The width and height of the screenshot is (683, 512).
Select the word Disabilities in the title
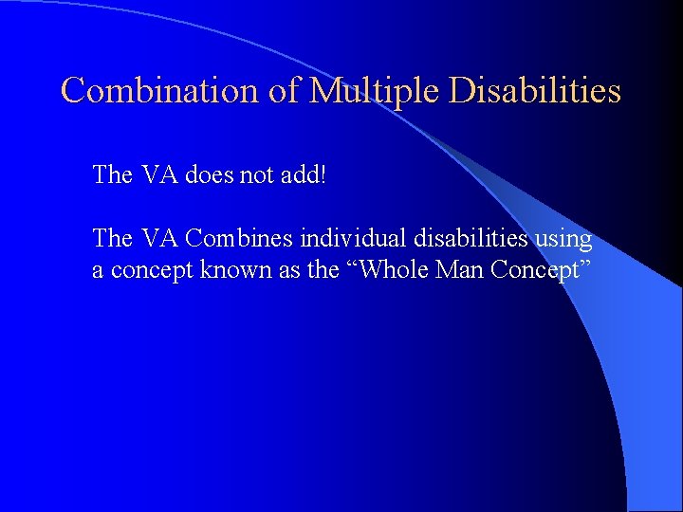coord(535,91)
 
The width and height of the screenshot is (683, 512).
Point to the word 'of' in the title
coord(289,91)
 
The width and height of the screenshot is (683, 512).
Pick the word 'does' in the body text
coord(208,175)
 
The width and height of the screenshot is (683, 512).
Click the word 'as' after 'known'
coord(277,270)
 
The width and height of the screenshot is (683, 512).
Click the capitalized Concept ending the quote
coord(542,270)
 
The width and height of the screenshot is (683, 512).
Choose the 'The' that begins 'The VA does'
coord(113,175)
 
